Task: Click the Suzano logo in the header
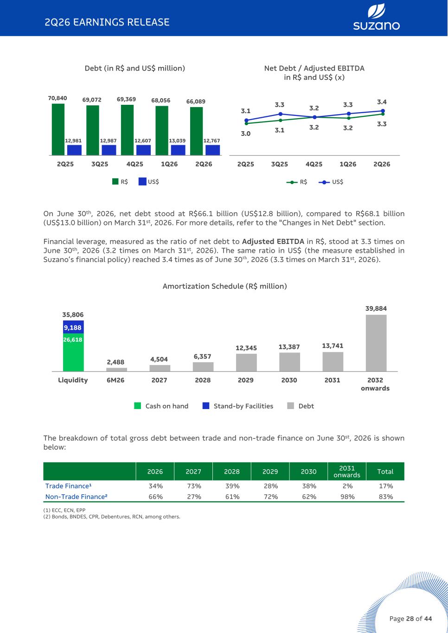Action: [376, 17]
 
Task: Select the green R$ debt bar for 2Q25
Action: [58, 129]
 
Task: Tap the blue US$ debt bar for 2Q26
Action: [212, 150]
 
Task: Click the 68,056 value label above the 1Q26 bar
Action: [161, 100]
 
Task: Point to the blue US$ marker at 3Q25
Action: [281, 114]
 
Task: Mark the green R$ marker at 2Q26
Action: [383, 114]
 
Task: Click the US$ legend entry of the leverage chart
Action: [331, 182]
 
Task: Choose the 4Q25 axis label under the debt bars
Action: [134, 164]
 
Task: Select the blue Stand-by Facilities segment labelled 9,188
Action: [73, 327]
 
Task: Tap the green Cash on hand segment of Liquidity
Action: [73, 352]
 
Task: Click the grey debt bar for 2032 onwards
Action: [376, 343]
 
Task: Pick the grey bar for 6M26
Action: [116, 369]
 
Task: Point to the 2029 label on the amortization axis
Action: [246, 380]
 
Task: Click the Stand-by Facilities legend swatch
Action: [206, 406]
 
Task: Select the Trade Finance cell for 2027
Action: [194, 486]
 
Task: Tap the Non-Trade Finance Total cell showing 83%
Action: [386, 497]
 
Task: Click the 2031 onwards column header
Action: [347, 471]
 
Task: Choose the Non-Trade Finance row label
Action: [77, 497]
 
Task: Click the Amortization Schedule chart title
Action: [225, 286]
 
